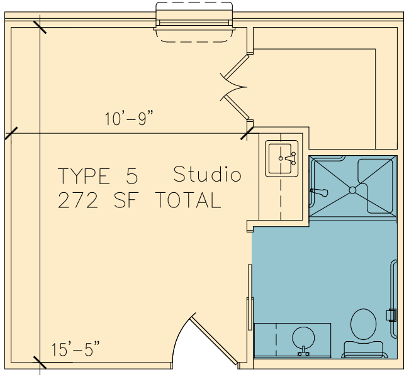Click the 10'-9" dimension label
pos(128,119)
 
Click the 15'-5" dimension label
pos(76,349)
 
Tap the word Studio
pos(208,174)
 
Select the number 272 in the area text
pos(78,200)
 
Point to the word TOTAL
pos(188,200)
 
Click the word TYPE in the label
pos(84,176)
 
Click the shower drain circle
pos(352,190)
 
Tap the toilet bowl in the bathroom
pos(363,324)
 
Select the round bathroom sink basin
pos(303,337)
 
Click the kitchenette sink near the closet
pos(281,159)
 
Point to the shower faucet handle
pos(319,192)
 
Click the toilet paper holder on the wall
pos(391,315)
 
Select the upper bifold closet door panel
pos(235,66)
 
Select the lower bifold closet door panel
pos(237,107)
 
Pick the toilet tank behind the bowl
pos(363,349)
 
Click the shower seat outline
pos(376,185)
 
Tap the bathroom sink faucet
pos(303,351)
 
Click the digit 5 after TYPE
pos(132,176)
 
